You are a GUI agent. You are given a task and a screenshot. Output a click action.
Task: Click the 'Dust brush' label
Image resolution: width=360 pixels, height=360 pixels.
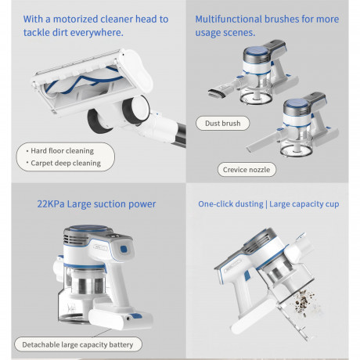click(222, 123)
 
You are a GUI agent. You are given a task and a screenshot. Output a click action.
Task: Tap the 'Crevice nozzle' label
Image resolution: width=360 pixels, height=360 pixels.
click(247, 170)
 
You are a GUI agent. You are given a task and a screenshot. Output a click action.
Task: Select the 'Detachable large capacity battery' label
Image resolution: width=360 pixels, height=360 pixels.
click(77, 344)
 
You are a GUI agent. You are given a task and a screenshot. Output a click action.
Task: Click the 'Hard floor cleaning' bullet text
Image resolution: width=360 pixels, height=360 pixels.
click(62, 151)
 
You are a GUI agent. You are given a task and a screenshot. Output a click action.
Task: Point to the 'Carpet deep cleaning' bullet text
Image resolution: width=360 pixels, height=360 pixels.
click(66, 163)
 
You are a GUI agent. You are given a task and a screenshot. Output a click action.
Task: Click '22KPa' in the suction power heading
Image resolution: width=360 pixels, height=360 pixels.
click(51, 204)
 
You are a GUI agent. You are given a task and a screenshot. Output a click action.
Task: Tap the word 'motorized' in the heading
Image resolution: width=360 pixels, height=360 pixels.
click(75, 20)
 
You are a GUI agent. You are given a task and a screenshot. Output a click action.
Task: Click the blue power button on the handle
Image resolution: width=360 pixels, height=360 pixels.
click(124, 249)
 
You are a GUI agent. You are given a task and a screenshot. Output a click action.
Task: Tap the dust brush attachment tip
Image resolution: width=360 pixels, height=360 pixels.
click(217, 93)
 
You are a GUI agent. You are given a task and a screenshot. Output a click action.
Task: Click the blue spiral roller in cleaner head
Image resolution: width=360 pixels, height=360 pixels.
click(84, 80)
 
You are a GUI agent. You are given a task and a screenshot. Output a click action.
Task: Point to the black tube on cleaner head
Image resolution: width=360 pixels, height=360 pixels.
click(182, 135)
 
